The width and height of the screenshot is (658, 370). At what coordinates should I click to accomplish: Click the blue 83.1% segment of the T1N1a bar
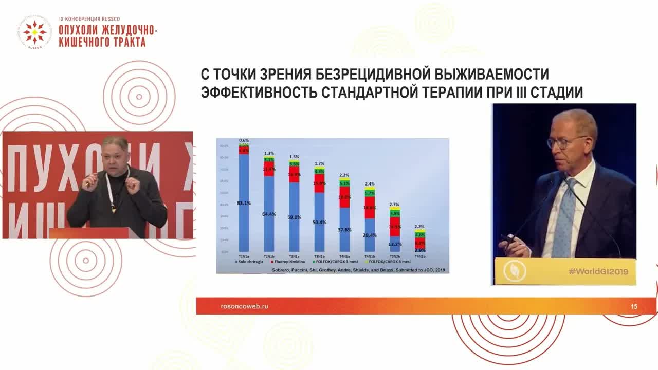[244, 203]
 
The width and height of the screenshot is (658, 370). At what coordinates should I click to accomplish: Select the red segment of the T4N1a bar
[344, 197]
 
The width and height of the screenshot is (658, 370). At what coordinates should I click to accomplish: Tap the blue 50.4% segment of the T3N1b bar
[319, 222]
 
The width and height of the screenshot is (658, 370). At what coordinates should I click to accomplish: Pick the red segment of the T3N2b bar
[395, 227]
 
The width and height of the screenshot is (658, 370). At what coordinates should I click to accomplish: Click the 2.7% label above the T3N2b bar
[395, 205]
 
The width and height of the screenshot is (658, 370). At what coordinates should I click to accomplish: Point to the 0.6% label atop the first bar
[244, 140]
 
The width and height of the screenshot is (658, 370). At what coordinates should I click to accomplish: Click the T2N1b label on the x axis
[269, 255]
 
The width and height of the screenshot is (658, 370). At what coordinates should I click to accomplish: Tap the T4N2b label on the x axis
[419, 255]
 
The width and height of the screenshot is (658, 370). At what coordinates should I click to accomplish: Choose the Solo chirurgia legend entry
[251, 262]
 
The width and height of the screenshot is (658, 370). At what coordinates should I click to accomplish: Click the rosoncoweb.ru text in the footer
[244, 306]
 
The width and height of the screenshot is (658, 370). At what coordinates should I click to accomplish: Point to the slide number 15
[634, 307]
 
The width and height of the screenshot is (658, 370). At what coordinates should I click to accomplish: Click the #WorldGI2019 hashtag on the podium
[598, 271]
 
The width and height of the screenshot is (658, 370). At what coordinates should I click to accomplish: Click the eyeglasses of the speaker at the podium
[566, 142]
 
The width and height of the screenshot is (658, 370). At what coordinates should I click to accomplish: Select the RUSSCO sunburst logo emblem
[34, 32]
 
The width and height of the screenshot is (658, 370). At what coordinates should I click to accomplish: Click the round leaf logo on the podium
[515, 271]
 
